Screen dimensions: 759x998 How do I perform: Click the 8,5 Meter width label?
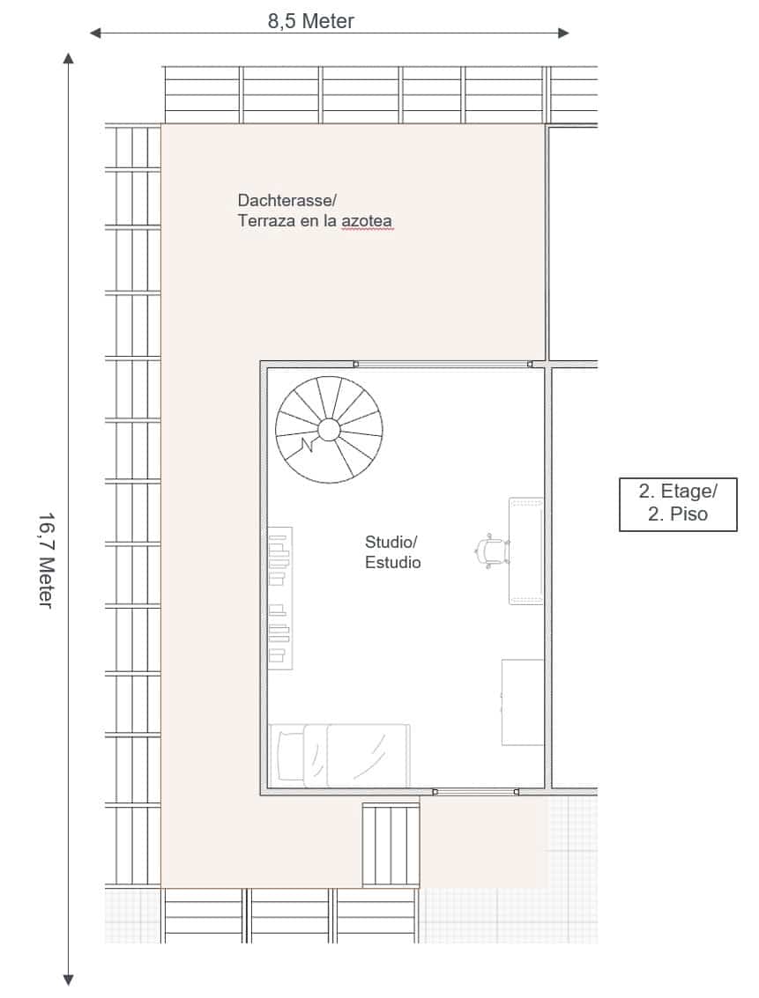310,21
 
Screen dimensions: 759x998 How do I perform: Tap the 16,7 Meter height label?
45,560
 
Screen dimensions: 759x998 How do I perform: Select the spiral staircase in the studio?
329,430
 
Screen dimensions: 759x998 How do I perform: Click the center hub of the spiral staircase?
329,430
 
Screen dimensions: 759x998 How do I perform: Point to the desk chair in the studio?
492,550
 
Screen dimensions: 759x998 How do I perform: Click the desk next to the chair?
526,551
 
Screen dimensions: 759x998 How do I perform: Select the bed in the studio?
339,756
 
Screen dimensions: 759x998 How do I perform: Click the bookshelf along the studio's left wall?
280,597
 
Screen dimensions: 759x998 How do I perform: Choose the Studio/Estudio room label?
392,551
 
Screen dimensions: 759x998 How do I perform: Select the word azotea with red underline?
367,221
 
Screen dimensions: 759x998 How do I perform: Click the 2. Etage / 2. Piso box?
678,504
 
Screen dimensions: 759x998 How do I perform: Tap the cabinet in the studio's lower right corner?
523,702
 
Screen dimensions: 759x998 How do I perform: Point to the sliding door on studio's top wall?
443,365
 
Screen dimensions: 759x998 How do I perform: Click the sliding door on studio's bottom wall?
476,792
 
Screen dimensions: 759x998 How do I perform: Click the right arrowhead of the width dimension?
563,33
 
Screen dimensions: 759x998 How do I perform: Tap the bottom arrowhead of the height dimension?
69,980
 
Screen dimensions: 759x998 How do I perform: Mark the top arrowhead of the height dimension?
69,58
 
